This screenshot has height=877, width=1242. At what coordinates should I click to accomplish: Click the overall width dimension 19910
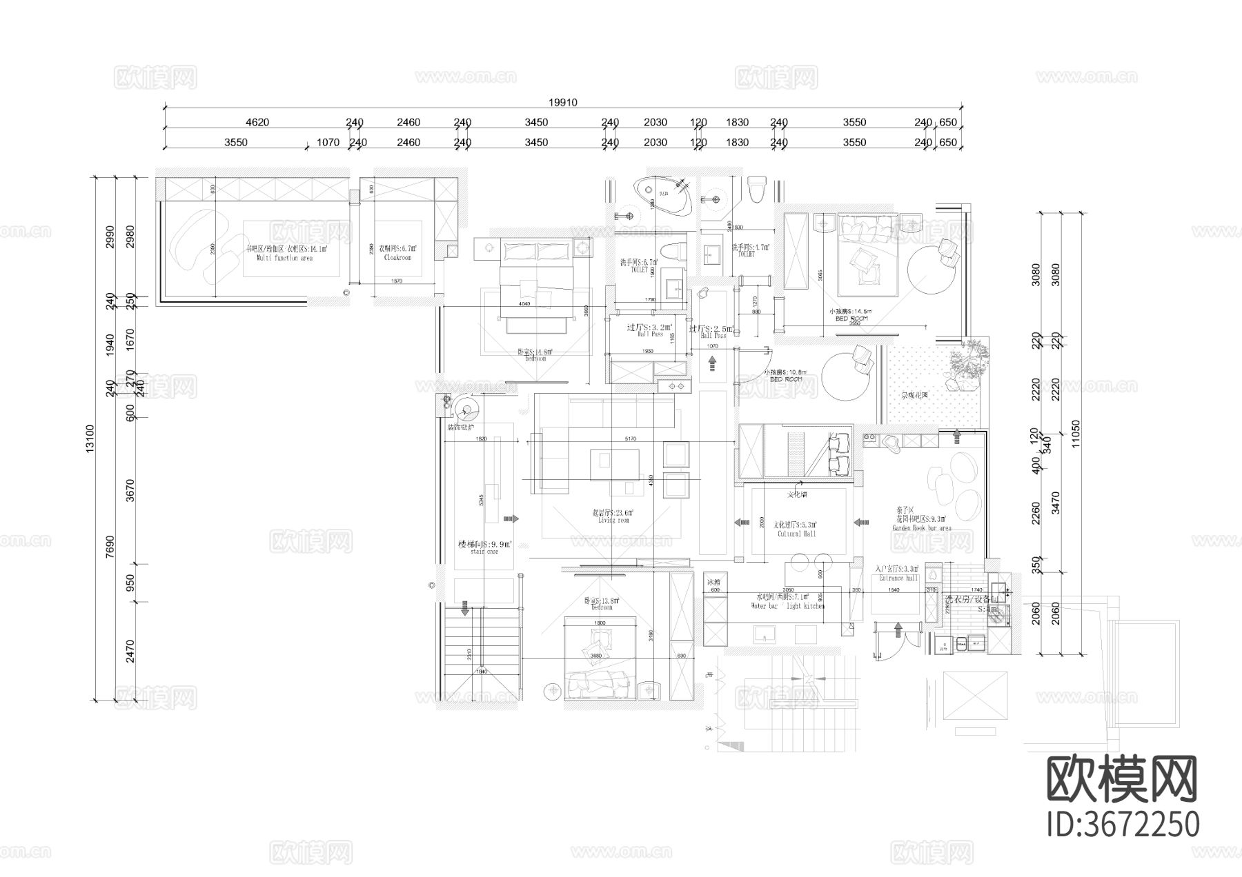tap(562, 103)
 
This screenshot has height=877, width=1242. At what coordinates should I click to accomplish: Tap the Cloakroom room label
tap(397, 257)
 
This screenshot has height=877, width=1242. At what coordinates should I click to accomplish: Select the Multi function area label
tap(284, 258)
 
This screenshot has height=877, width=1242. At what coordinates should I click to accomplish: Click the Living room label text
tap(613, 521)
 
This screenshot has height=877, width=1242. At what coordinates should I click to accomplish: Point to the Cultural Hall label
tap(797, 534)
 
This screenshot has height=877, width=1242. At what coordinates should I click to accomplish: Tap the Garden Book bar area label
tap(921, 528)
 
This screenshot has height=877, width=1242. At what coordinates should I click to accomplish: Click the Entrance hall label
tap(898, 578)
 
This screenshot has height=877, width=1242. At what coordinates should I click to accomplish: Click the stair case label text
tap(484, 552)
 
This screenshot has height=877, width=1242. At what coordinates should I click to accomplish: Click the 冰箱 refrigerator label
tap(713, 582)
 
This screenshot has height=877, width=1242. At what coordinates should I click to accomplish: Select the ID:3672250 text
tap(1123, 825)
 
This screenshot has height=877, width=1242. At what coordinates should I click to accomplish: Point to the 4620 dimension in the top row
tap(257, 123)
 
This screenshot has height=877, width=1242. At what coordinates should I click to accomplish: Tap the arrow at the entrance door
tap(898, 628)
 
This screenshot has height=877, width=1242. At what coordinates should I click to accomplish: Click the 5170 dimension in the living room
tap(629, 438)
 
